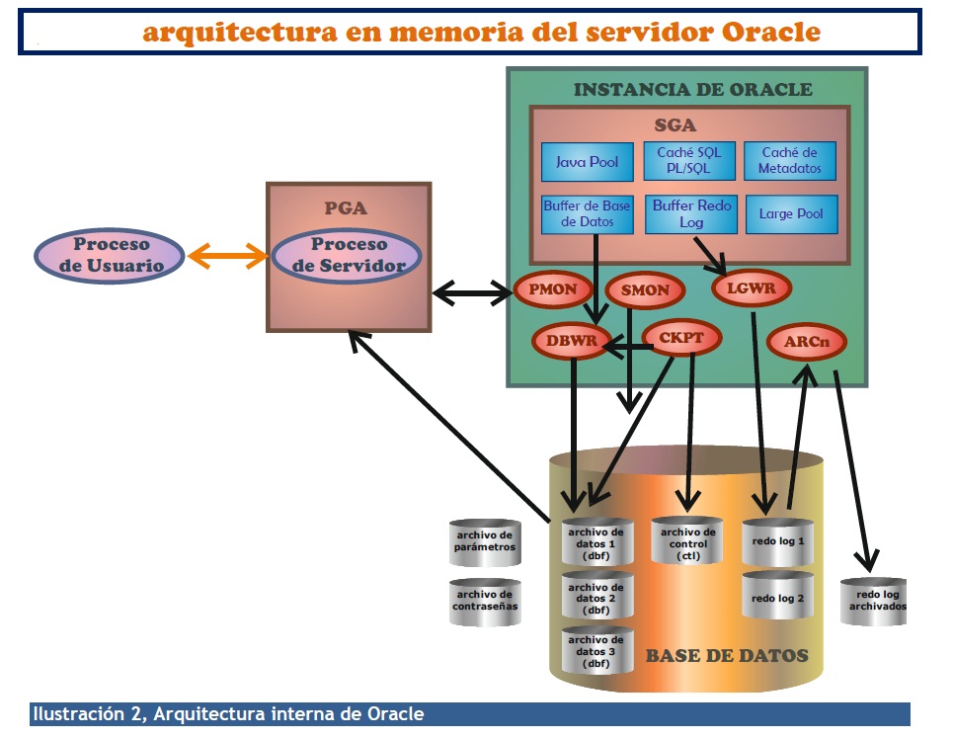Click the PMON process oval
[553, 290]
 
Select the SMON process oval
[645, 290]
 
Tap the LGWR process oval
[751, 288]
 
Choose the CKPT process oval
[681, 338]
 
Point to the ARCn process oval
[807, 342]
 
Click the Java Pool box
[587, 161]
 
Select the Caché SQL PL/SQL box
[688, 160]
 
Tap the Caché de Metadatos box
[789, 160]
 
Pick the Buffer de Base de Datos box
[587, 213]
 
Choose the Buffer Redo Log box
[688, 214]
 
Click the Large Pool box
[790, 213]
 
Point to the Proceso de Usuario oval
[110, 255]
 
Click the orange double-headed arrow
[228, 256]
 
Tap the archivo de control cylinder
[687, 542]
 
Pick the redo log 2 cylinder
[777, 596]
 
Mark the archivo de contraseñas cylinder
[484, 601]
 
